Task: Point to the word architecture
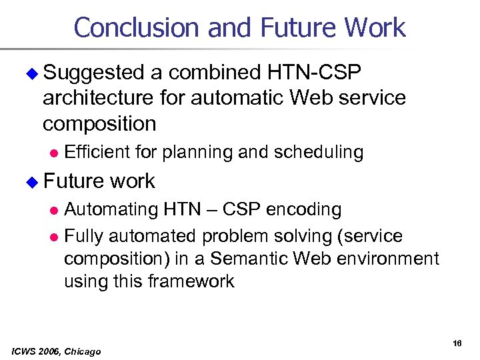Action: click(x=98, y=98)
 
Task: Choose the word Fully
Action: click(x=83, y=236)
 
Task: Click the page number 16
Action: click(x=457, y=343)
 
